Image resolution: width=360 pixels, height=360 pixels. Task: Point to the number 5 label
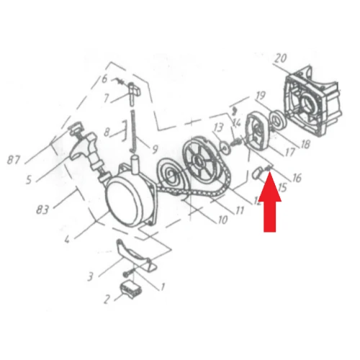tap(29, 180)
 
